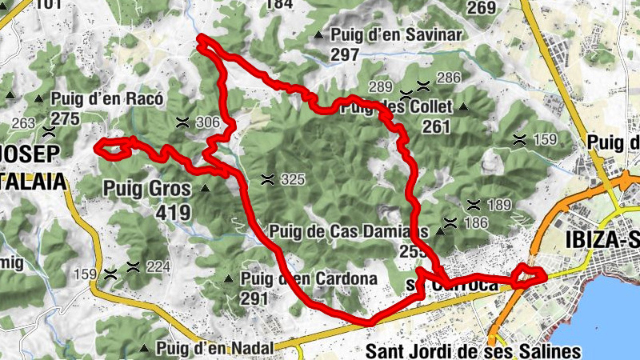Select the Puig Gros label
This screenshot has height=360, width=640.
(147, 190)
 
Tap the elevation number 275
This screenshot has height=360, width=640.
(66, 119)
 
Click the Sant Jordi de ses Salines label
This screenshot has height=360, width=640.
(473, 350)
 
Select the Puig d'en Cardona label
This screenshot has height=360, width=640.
(308, 279)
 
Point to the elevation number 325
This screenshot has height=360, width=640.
(293, 180)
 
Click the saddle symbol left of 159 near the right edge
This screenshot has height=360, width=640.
(520, 140)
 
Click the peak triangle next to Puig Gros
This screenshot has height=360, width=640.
(205, 190)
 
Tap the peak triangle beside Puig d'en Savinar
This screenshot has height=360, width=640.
(319, 35)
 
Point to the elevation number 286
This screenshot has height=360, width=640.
(449, 78)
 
